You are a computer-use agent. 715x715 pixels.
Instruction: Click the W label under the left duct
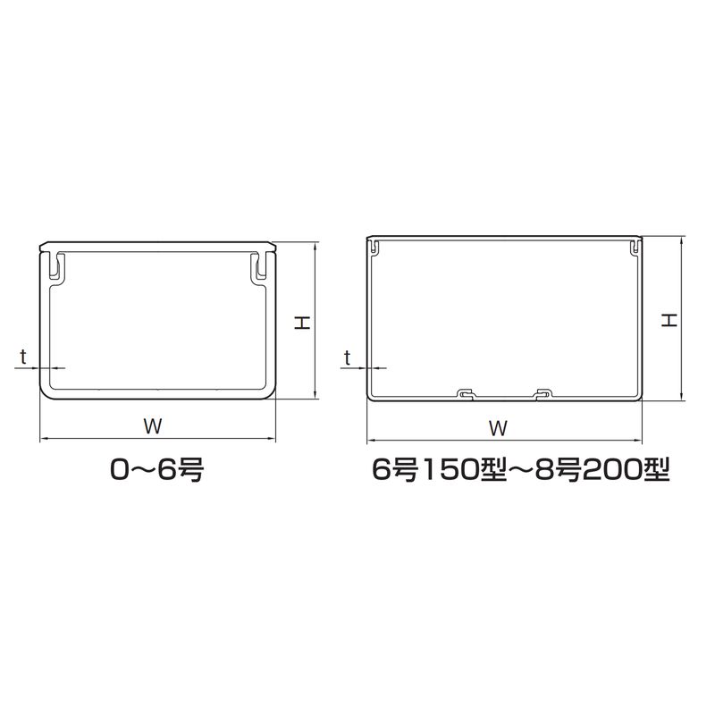(153, 426)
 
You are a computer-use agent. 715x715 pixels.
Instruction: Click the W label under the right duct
(498, 428)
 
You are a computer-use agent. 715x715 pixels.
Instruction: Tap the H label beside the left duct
(302, 323)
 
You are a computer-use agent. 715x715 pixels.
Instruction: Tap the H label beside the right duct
(669, 321)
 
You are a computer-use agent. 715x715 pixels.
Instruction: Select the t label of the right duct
(348, 358)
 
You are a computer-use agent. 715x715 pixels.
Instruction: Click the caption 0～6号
(157, 469)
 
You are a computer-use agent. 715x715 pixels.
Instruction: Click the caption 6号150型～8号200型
(521, 469)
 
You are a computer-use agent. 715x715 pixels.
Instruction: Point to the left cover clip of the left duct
(56, 265)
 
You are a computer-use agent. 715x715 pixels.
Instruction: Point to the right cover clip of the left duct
(258, 265)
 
